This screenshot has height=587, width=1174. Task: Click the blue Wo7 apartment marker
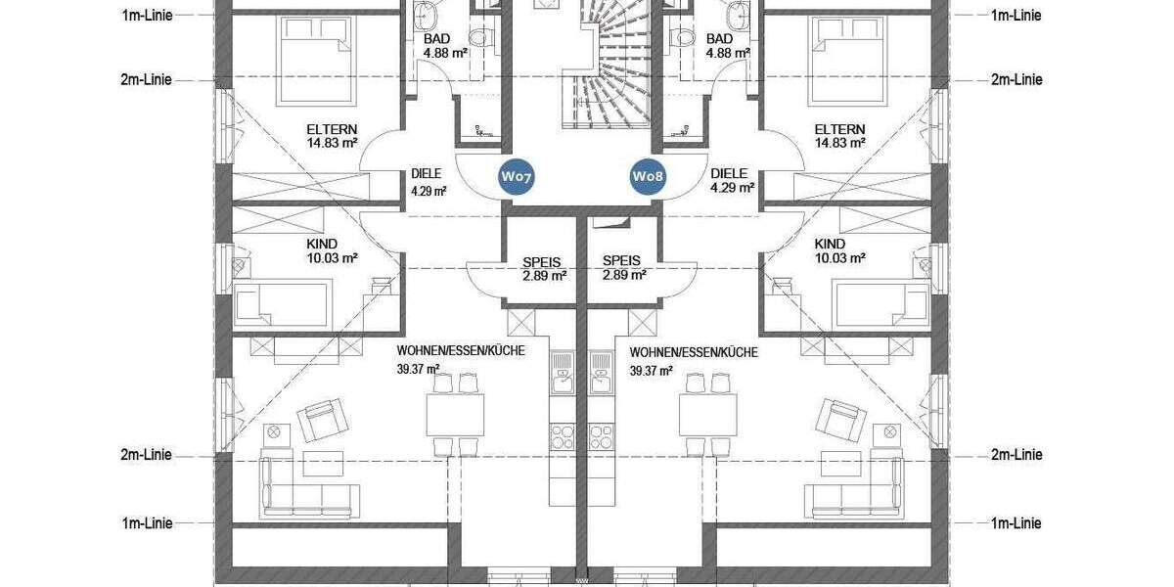tap(516, 176)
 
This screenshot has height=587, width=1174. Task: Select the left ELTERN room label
tap(332, 129)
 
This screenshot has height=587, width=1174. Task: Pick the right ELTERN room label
tap(839, 129)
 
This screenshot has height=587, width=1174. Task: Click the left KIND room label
tap(321, 244)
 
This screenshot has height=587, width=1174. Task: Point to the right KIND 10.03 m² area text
tap(840, 258)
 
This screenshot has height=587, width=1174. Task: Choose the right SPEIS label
tap(622, 261)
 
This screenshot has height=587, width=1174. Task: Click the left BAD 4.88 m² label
tap(435, 46)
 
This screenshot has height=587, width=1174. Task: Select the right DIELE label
tap(728, 173)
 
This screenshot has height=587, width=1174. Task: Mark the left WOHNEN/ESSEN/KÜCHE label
tap(461, 351)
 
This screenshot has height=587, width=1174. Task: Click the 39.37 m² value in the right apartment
tap(651, 370)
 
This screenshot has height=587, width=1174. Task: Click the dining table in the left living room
tap(455, 416)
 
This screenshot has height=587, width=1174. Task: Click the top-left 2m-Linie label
tap(146, 79)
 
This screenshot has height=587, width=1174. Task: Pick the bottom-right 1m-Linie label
tap(1016, 523)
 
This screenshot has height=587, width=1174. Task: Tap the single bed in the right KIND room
tap(880, 302)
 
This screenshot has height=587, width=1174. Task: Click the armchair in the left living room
tap(321, 421)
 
